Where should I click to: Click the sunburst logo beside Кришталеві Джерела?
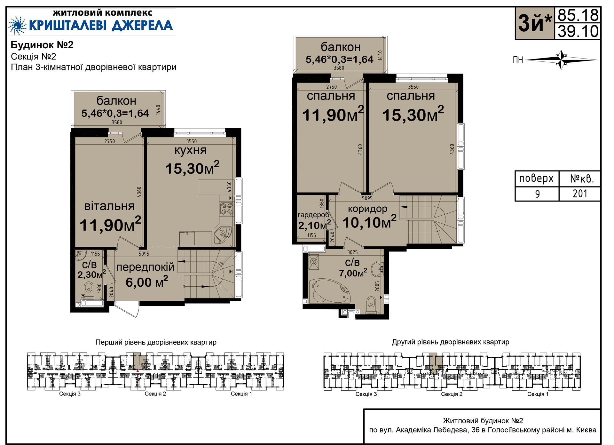[x=17, y=25]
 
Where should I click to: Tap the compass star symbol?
[x=561, y=60]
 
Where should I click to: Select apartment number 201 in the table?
[x=580, y=194]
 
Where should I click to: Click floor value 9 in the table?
[x=537, y=194]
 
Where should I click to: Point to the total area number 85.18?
[x=578, y=15]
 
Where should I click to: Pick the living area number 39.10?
[x=578, y=31]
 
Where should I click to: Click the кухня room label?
[x=190, y=150]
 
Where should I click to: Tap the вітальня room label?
[x=109, y=206]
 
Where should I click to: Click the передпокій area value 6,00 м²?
[x=147, y=282]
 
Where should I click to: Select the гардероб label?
[x=313, y=215]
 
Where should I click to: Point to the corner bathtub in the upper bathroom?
[x=331, y=291]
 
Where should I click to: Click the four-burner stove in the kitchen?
[x=227, y=209]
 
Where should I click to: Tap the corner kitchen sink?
[x=223, y=235]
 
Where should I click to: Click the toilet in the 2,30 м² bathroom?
[x=88, y=289]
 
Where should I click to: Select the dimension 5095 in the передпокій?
[x=144, y=254]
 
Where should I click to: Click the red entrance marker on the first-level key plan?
[x=138, y=370]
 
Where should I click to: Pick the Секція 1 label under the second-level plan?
[x=538, y=394]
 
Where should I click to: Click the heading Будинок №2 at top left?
[x=42, y=45]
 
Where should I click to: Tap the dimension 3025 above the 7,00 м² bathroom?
[x=352, y=252]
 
